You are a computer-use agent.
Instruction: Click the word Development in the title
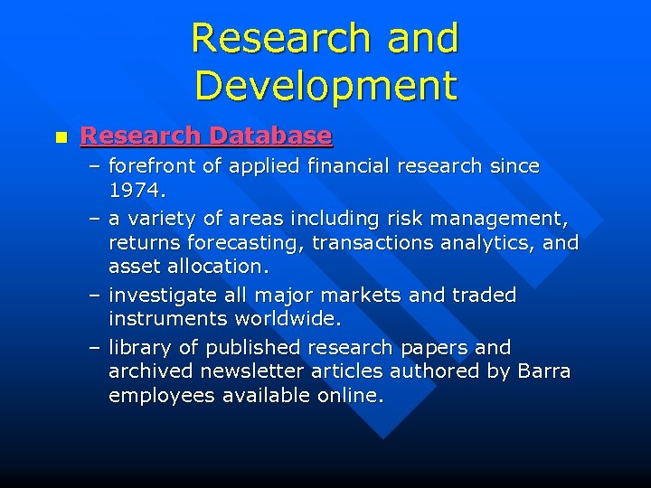pyautogui.click(x=325, y=86)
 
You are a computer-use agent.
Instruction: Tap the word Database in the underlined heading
pyautogui.click(x=270, y=136)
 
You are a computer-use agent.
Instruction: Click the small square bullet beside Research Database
pyautogui.click(x=60, y=137)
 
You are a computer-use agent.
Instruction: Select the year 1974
pyautogui.click(x=136, y=191)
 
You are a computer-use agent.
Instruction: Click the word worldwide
pyautogui.click(x=285, y=319)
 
